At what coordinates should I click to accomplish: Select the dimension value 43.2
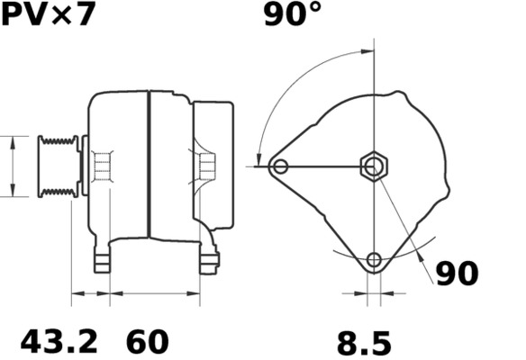tap(59, 342)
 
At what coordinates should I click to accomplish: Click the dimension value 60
tap(147, 342)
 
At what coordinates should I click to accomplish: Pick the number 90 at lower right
tap(457, 274)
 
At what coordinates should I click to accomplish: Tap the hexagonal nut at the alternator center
tap(374, 166)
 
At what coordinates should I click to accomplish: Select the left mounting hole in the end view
tap(281, 166)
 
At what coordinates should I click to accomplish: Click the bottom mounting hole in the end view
tap(374, 261)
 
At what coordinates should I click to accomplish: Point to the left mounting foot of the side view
tap(102, 260)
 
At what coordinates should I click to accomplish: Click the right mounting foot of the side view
tap(209, 260)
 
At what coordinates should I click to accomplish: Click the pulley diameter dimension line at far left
tap(13, 166)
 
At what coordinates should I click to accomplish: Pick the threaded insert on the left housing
tap(103, 166)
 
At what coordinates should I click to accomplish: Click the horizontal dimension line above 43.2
tap(90, 292)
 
